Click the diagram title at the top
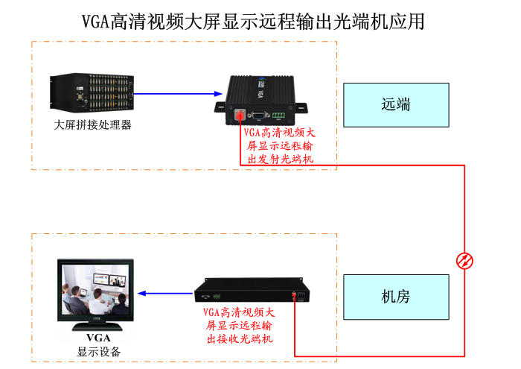[x=254, y=21]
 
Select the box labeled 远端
[x=396, y=105]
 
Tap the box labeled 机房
[x=396, y=297]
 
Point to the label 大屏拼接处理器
[x=93, y=124]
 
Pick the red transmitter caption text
[x=279, y=145]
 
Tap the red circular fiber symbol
[x=464, y=260]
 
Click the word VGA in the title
[x=95, y=21]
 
